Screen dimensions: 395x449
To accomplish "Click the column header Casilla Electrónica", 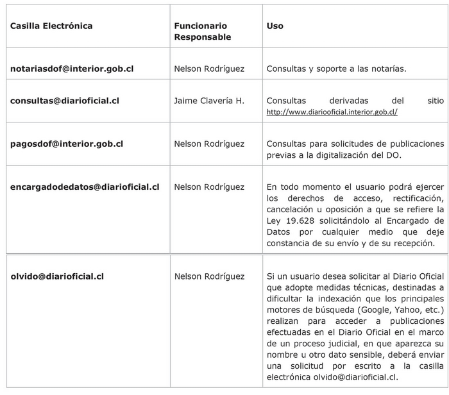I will pos(51,26).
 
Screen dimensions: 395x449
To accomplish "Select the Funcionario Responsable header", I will pos(202,31).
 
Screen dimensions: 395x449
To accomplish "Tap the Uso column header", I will pos(275,26).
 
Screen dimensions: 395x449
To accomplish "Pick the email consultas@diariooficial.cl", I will pos(65,101).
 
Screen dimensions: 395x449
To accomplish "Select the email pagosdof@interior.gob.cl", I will pos(67,144).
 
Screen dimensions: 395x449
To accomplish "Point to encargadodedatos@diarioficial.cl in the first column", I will pos(85,187).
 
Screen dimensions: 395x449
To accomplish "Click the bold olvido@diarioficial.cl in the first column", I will pos(57,276).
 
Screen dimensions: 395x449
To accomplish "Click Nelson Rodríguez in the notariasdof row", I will pos(209,68).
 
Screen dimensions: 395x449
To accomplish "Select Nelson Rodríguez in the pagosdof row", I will pos(209,144).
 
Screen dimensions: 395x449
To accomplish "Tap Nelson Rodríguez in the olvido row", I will pos(209,276).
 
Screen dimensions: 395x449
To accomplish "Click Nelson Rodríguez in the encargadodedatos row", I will pos(209,187).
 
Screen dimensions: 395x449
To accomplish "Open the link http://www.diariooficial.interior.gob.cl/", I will pos(332,112).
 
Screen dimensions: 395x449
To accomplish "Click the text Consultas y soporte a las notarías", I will pos(336,68).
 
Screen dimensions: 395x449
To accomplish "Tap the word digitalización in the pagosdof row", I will pos(364,155).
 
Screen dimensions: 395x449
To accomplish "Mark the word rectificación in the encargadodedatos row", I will pos(417,198).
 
